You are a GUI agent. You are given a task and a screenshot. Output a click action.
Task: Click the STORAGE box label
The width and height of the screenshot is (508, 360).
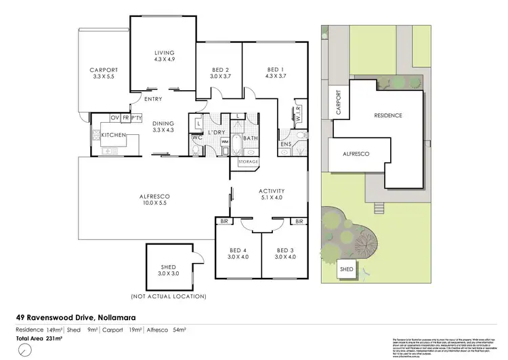coord(247,162)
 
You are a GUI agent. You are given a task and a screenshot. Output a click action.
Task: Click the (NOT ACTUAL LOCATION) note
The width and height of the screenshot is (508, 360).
coord(168,297)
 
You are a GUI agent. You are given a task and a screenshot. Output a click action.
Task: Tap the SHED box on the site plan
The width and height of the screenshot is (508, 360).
coord(347,269)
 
